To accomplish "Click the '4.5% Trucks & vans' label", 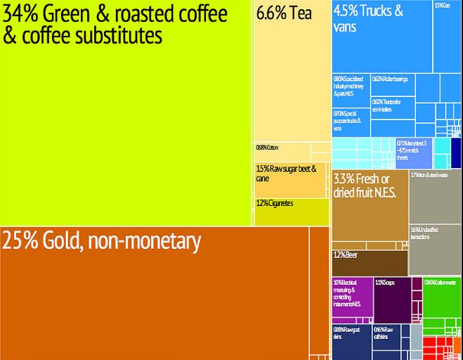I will (x=368, y=19).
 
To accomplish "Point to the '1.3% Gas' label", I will (x=442, y=6).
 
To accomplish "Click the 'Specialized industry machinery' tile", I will (x=348, y=86).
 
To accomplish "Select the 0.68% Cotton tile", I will (x=268, y=148).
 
